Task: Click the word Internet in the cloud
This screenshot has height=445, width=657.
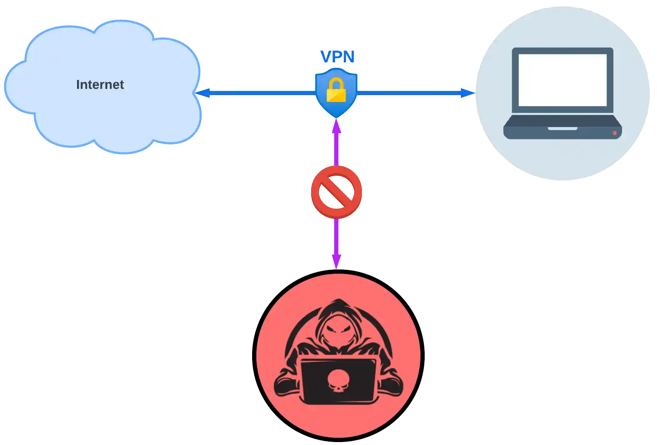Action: point(100,85)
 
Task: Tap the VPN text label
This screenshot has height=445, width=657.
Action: point(338,57)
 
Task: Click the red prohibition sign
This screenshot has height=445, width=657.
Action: point(336,192)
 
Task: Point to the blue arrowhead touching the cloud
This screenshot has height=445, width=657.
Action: point(203,93)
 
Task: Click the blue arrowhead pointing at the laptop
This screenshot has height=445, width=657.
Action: point(466,93)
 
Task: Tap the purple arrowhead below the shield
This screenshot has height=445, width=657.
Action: point(336,126)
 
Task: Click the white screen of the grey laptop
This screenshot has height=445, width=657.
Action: point(562,80)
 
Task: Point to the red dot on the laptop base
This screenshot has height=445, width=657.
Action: point(614,133)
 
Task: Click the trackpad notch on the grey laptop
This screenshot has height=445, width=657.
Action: point(562,128)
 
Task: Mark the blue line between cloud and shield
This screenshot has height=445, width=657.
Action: point(261,93)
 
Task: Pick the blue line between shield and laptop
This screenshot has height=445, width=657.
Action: point(408,93)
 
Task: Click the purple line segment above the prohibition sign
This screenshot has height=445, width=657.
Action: point(336,149)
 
